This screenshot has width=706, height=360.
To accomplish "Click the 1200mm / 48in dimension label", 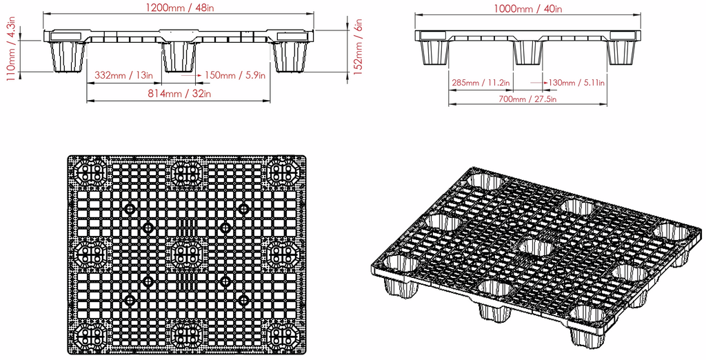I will click(179, 9).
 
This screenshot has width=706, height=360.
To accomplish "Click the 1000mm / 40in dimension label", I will click(528, 9).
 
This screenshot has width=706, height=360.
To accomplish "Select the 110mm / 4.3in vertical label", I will click(11, 52).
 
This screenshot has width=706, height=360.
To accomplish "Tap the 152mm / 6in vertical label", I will click(357, 49).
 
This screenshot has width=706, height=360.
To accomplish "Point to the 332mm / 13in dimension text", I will click(124, 74).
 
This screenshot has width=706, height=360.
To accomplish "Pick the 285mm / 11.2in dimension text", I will click(481, 83).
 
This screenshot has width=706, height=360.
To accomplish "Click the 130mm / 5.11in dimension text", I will click(576, 83).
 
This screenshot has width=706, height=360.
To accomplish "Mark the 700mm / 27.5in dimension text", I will click(528, 99).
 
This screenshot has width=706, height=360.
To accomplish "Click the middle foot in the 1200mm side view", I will click(179, 56).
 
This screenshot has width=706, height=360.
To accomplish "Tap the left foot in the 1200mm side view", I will click(67, 56).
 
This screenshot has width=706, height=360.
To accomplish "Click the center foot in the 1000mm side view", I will click(528, 52).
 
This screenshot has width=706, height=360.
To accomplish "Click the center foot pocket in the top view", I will click(186, 254).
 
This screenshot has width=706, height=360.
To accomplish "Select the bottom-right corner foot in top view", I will click(282, 335).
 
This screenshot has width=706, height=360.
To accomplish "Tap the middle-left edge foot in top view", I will click(91, 254).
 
